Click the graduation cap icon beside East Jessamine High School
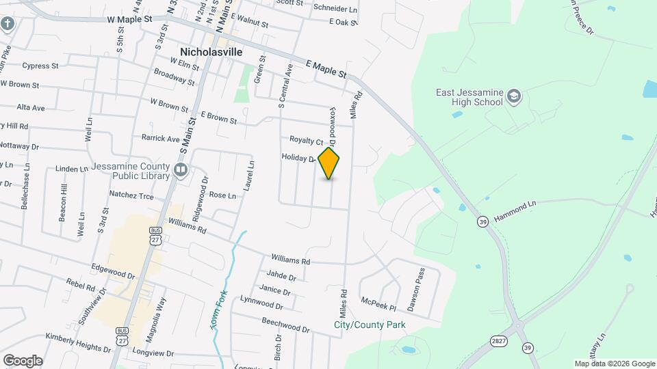(x=513, y=97)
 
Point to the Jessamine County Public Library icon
(x=181, y=169)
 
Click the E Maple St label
(x=326, y=68)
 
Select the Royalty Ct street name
(x=306, y=141)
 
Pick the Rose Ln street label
(x=222, y=195)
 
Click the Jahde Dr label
(x=282, y=277)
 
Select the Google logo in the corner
(x=23, y=360)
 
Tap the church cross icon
(x=8, y=25)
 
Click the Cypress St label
(x=41, y=66)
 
